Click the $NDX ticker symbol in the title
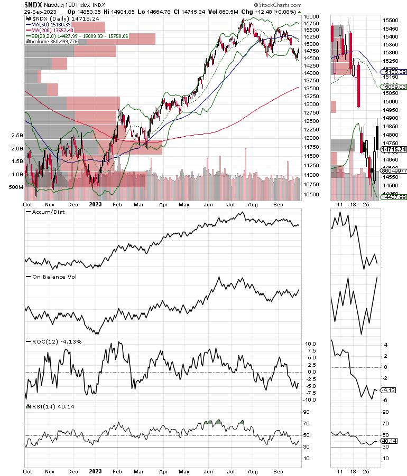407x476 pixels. [x=35, y=4]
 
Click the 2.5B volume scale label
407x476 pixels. [x=16, y=136]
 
